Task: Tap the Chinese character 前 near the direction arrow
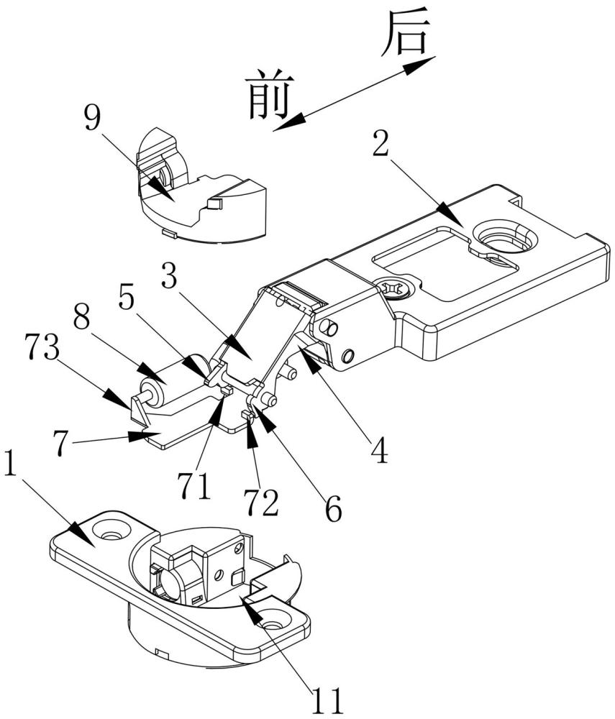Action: point(268,94)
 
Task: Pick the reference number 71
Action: point(195,485)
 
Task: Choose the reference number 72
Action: point(260,500)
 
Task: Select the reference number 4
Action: point(379,449)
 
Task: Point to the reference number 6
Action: point(332,508)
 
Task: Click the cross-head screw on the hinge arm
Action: point(396,288)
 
